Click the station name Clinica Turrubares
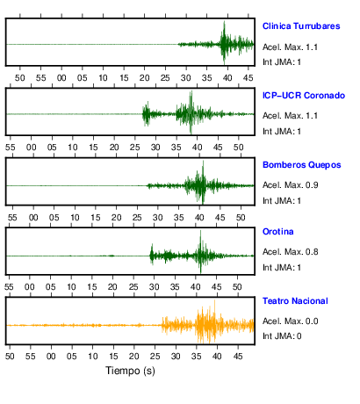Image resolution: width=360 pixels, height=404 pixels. point(301,26)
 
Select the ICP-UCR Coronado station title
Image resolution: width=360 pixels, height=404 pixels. point(304,96)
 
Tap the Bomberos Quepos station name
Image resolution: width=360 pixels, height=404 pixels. point(302,165)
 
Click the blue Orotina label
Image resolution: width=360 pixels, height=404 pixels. point(278,232)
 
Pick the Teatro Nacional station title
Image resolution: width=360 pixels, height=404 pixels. point(295,301)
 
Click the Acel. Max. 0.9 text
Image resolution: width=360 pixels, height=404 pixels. point(290,185)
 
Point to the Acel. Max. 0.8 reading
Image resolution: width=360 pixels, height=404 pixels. point(290,252)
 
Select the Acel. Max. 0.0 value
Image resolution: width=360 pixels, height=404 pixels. point(290,321)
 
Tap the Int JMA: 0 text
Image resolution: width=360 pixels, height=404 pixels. point(282,335)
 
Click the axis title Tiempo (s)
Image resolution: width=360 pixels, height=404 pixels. point(130,371)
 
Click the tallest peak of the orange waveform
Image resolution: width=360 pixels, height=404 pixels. point(214,300)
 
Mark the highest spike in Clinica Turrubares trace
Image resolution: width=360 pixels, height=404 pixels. point(224,22)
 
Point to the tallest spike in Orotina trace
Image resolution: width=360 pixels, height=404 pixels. point(200,231)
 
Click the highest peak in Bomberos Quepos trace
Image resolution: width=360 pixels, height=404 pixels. point(203,162)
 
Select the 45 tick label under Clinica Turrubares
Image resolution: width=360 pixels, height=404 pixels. point(248,78)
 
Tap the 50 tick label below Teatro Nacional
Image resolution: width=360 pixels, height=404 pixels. point(10,356)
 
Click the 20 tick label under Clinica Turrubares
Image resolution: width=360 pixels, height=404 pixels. point(144,78)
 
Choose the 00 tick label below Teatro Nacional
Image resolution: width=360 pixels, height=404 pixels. point(51,356)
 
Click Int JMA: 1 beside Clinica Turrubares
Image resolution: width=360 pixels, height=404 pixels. point(282,62)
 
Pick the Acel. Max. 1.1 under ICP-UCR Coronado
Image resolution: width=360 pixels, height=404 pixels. point(290,116)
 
